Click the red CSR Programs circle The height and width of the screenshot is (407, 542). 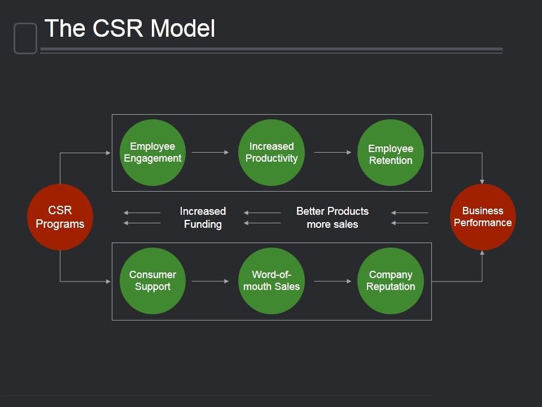click(60, 217)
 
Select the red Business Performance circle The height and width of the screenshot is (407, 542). click(483, 217)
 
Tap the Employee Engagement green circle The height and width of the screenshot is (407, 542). click(152, 152)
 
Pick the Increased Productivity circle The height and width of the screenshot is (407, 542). click(272, 152)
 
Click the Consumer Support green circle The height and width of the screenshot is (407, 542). click(152, 281)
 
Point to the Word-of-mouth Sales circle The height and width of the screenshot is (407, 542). click(272, 281)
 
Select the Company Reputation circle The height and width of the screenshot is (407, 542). click(391, 281)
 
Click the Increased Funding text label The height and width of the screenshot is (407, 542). click(203, 218)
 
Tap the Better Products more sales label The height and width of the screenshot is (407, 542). click(333, 218)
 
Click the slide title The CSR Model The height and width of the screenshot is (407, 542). click(130, 28)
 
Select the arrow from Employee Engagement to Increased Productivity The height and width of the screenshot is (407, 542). click(210, 152)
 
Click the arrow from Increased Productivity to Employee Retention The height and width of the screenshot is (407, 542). click(333, 152)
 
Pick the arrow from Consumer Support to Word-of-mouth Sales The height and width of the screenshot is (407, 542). click(210, 281)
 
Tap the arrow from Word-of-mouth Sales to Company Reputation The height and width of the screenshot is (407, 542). click(333, 281)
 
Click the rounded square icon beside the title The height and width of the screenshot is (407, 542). click(25, 38)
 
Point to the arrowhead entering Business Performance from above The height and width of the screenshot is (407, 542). click(482, 180)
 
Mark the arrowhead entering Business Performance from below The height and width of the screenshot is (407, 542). click(482, 253)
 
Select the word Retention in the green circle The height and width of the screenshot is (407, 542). click(391, 161)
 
